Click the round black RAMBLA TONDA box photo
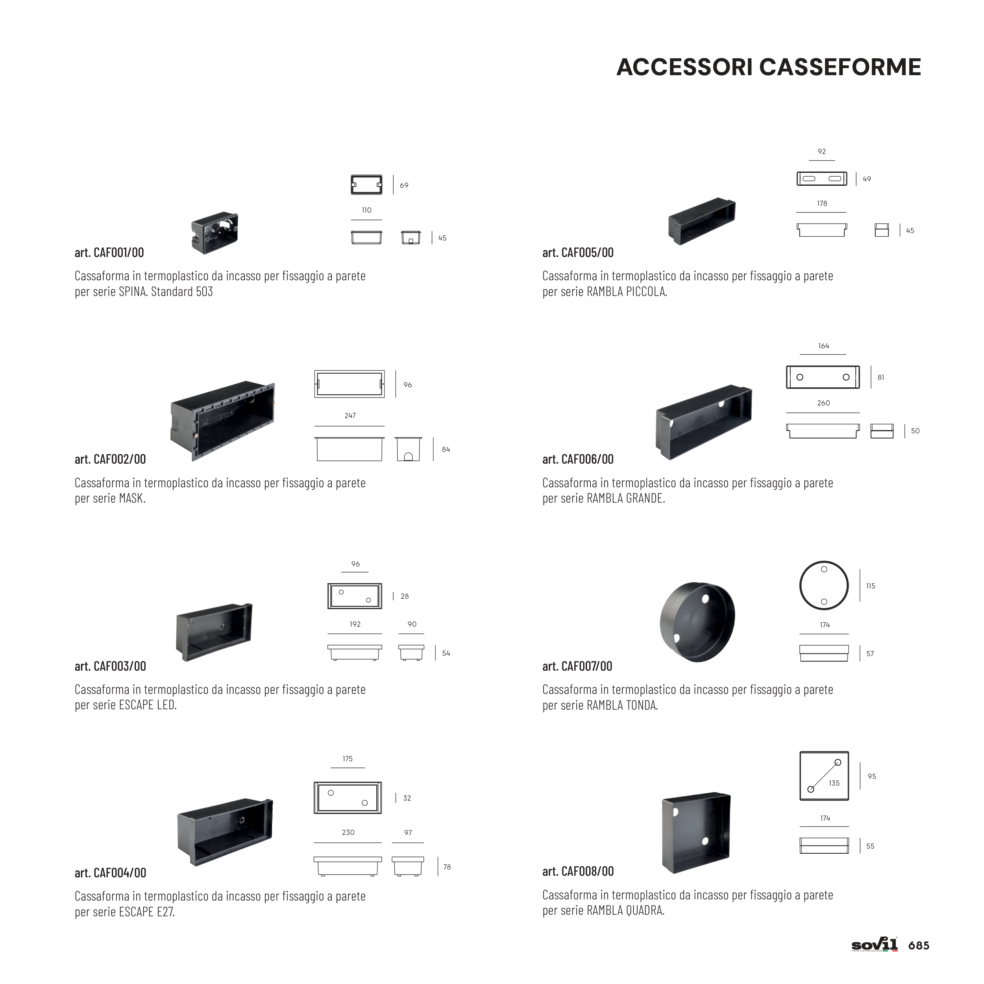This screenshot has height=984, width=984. click(x=697, y=622)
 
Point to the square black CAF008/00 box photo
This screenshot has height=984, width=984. click(x=696, y=832)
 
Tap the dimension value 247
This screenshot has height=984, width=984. click(x=350, y=416)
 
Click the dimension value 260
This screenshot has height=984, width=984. click(x=823, y=403)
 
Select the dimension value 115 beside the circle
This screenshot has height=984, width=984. click(x=870, y=586)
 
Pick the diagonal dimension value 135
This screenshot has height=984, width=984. click(x=834, y=783)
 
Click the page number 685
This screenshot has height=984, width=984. click(x=919, y=946)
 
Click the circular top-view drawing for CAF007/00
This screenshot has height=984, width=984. click(x=823, y=586)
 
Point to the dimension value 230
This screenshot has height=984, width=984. click(x=348, y=832)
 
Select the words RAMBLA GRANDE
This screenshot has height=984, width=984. click(x=625, y=498)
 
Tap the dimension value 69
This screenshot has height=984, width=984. click(x=404, y=185)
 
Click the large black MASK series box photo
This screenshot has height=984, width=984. click(x=222, y=421)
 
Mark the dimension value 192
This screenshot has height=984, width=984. click(x=355, y=624)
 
